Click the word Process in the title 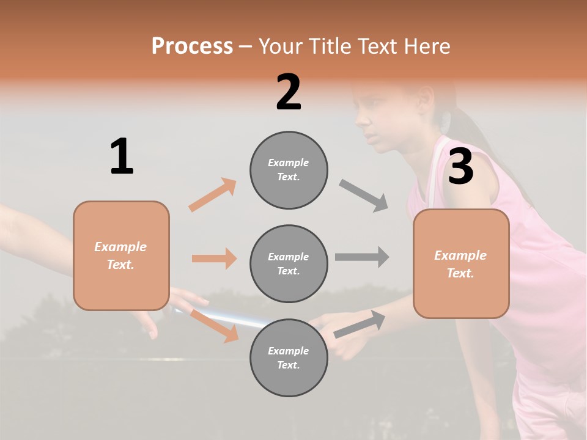click(192, 46)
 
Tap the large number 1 click(122, 157)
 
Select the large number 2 click(289, 92)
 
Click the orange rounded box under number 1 click(121, 255)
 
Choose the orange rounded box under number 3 click(461, 263)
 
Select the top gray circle click(289, 170)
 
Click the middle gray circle click(289, 263)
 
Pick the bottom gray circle click(289, 358)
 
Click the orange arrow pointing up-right click(213, 195)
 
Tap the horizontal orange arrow click(214, 258)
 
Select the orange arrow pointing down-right click(214, 325)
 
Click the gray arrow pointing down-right click(364, 196)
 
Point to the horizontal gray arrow click(362, 257)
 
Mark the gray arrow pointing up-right click(360, 324)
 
